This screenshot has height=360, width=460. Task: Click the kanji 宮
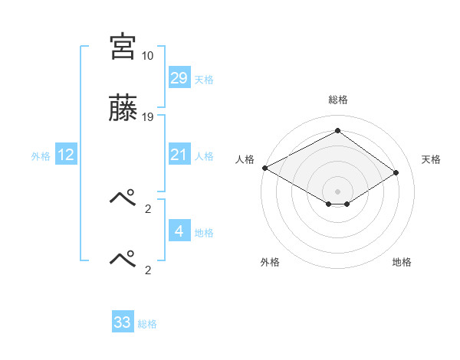[123, 45]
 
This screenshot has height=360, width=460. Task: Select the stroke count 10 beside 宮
[148, 56]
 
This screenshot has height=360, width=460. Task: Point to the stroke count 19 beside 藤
[148, 117]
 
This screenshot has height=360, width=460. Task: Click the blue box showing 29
[179, 78]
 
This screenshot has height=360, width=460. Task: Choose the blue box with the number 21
[179, 155]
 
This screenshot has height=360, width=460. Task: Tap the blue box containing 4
[179, 231]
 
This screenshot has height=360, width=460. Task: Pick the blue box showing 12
[66, 155]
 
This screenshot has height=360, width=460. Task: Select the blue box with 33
[123, 322]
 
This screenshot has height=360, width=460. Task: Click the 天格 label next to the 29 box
[204, 80]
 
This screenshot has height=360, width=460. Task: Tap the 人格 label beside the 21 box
[204, 156]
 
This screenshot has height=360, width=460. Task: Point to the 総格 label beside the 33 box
[147, 324]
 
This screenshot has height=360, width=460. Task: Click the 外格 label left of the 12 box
[41, 156]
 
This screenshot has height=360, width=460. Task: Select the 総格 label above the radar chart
[337, 100]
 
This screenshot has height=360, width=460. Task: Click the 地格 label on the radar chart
[402, 262]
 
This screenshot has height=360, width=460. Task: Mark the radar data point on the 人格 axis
[264, 168]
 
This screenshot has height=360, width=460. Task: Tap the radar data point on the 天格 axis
[396, 172]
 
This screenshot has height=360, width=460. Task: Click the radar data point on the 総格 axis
[337, 131]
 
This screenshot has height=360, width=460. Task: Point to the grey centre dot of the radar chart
[337, 190]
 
